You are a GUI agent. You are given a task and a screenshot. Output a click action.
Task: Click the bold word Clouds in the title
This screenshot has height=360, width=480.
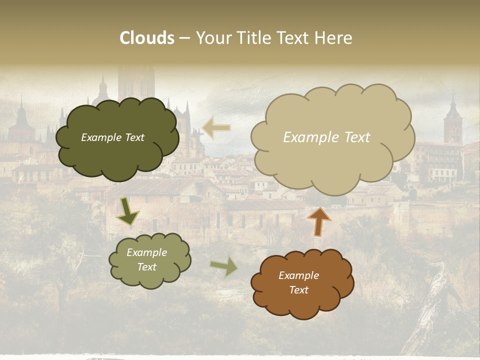click(x=147, y=38)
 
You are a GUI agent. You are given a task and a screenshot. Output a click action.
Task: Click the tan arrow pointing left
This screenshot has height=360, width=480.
click(x=216, y=128)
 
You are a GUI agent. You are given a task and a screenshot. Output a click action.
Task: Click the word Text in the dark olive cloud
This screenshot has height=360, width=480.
click(x=134, y=137)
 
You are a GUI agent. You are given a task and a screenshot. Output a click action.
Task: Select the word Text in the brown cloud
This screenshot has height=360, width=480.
click(x=299, y=290)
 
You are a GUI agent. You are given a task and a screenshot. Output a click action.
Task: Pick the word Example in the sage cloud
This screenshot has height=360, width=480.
click(x=147, y=252)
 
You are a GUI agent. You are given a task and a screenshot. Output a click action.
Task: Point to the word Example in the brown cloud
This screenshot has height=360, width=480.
click(x=299, y=275)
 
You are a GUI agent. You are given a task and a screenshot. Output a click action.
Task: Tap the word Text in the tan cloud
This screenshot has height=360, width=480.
click(x=356, y=137)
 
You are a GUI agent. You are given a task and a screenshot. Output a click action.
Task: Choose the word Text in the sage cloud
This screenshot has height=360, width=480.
click(x=147, y=267)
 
